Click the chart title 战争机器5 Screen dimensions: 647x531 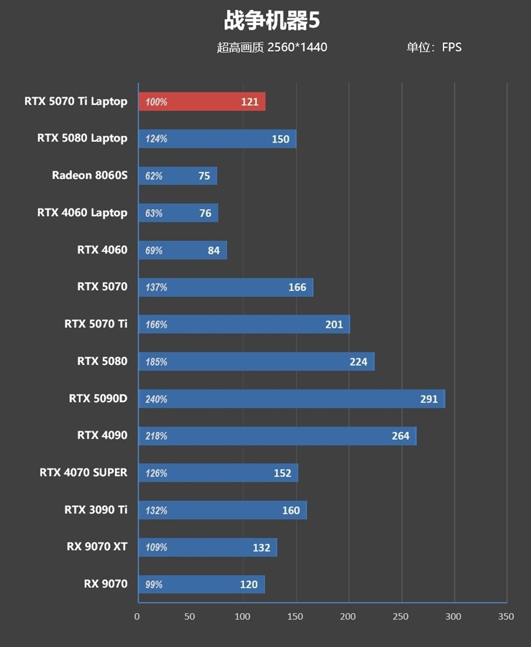coord(271,21)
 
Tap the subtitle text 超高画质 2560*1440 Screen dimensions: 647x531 coord(271,47)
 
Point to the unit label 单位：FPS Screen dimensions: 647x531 coord(434,47)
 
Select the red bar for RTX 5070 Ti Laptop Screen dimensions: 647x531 coord(202,102)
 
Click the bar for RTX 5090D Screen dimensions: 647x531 coord(291,399)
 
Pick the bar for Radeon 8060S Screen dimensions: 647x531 coord(177,176)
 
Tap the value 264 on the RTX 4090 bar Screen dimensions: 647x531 coord(400,436)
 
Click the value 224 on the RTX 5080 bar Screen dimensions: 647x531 coord(358,362)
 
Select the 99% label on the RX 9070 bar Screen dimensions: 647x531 coord(154,585)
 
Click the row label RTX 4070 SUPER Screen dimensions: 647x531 coord(84,472)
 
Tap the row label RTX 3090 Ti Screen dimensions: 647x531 coord(96,510)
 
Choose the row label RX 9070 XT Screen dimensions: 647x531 coord(97,547)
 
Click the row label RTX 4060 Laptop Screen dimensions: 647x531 coord(82,212)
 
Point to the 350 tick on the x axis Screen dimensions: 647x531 coord(506,616)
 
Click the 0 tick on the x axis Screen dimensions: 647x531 coord(137,616)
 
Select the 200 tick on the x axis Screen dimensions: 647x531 coord(348,616)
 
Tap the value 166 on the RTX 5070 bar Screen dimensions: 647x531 coord(297,287)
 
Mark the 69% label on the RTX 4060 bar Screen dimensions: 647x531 coord(154,251)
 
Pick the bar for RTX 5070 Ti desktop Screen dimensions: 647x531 coord(244,324)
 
